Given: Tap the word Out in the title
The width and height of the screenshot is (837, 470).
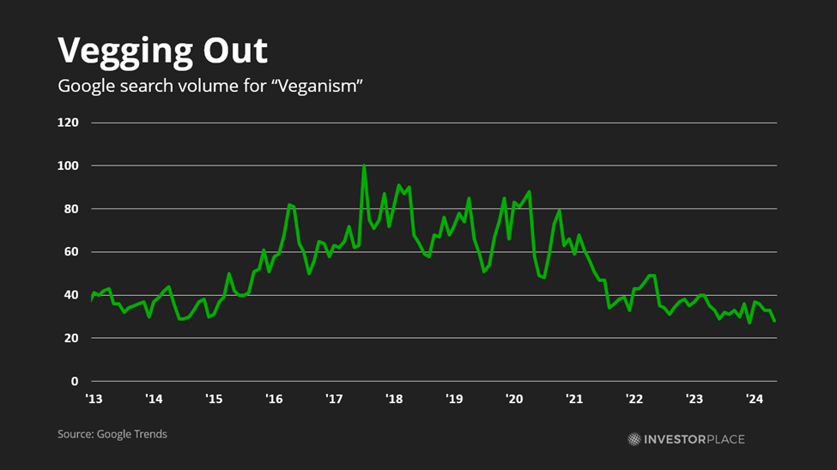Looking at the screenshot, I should (x=235, y=51).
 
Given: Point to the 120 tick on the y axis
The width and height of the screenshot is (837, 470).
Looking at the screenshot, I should (x=68, y=123).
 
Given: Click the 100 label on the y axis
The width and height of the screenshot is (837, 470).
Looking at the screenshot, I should (x=68, y=166).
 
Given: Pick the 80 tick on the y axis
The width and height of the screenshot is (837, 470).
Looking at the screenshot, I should (x=71, y=208).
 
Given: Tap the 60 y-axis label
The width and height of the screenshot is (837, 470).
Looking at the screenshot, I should (x=71, y=252).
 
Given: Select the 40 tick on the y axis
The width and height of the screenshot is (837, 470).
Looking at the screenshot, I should (x=71, y=295).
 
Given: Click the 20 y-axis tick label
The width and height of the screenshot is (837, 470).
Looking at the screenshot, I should (x=71, y=338).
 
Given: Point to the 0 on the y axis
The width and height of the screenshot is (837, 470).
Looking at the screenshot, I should (x=75, y=382).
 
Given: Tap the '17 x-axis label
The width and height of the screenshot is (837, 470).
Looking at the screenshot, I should (x=334, y=399).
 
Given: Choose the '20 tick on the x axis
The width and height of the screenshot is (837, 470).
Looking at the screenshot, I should (x=514, y=399).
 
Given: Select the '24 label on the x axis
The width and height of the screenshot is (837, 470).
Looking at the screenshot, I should (x=755, y=399).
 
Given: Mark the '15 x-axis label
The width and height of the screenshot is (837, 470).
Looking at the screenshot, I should (x=214, y=399).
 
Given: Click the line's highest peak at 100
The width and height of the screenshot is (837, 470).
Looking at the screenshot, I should (x=364, y=166).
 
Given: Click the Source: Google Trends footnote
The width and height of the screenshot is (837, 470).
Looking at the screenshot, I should (x=112, y=434).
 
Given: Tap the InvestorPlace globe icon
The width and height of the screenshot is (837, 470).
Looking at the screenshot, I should (x=634, y=439).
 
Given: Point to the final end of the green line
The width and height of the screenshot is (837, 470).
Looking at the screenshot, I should (x=774, y=321).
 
